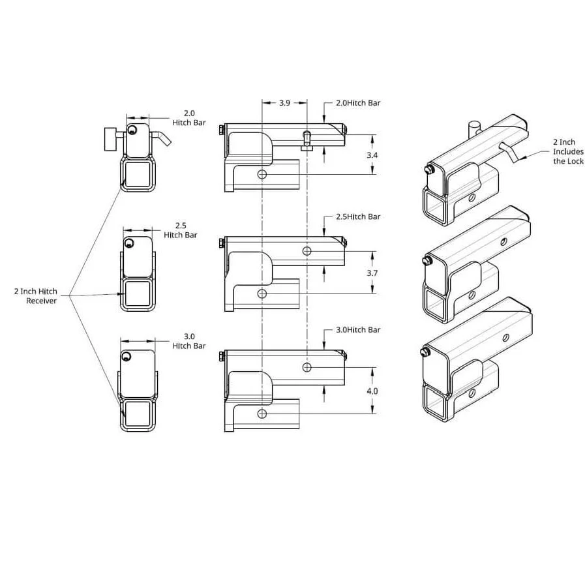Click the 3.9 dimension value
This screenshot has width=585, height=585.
pos(284,103)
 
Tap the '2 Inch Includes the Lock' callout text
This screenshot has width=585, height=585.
pos(568,151)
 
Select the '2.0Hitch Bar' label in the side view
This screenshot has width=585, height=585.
pos(357,103)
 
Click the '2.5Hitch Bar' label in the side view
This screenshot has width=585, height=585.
pos(357,217)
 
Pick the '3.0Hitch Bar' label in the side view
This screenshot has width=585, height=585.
pos(357,330)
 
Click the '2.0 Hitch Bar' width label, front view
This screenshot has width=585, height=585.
pos(189,117)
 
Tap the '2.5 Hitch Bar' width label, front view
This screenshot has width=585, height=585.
pos(181,230)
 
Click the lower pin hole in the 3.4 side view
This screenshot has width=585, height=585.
pos(262,175)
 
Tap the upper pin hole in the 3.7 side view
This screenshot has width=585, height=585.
pos(307,251)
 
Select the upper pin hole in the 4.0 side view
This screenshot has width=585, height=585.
pos(307,368)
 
